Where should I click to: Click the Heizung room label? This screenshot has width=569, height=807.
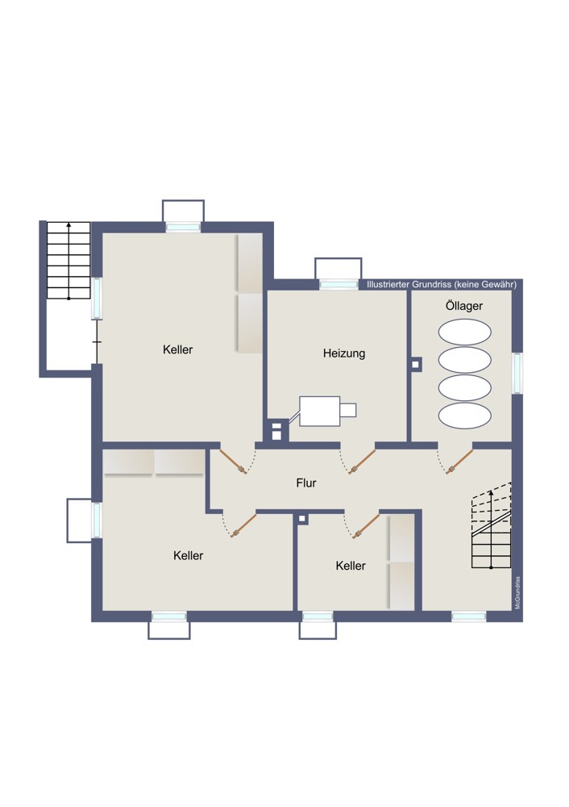(x=344, y=353)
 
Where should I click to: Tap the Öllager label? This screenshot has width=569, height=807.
(x=463, y=306)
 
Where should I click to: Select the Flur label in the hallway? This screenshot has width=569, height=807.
(x=305, y=483)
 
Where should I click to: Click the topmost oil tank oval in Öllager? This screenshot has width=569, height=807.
(x=465, y=332)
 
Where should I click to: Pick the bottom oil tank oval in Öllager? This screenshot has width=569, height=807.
(x=465, y=415)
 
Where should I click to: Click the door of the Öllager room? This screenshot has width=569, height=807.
(x=459, y=461)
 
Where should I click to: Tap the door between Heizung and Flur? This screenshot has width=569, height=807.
(x=362, y=461)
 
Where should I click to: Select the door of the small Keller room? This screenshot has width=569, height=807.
(x=367, y=525)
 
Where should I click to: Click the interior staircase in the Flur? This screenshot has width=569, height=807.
(x=492, y=525)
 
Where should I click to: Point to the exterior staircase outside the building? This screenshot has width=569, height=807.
(x=69, y=261)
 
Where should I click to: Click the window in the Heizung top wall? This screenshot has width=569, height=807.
(x=338, y=284)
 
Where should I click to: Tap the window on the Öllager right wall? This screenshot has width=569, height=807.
(x=517, y=373)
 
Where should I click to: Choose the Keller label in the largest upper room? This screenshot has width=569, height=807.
(x=177, y=349)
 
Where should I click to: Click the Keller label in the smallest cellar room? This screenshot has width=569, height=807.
(x=351, y=566)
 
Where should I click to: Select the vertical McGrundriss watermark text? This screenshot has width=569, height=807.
(x=517, y=592)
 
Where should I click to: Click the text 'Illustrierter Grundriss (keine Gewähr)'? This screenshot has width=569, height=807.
(x=442, y=285)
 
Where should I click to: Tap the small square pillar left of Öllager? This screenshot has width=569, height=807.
(x=416, y=365)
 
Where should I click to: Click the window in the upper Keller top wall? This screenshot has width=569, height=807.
(x=183, y=227)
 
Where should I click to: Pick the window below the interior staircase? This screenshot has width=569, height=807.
(x=469, y=616)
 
